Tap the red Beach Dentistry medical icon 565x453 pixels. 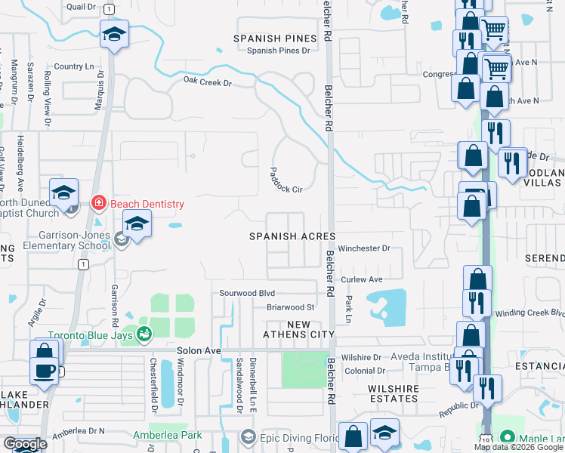coord(97,203)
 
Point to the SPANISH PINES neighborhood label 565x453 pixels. coord(273,38)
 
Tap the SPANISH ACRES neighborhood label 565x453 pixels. coord(292,236)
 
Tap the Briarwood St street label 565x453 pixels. coord(289,307)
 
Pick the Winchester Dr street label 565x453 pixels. coord(363,248)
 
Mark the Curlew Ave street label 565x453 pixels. coord(363,279)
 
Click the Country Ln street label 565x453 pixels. coord(73,66)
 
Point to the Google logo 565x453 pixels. coord(24,445)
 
